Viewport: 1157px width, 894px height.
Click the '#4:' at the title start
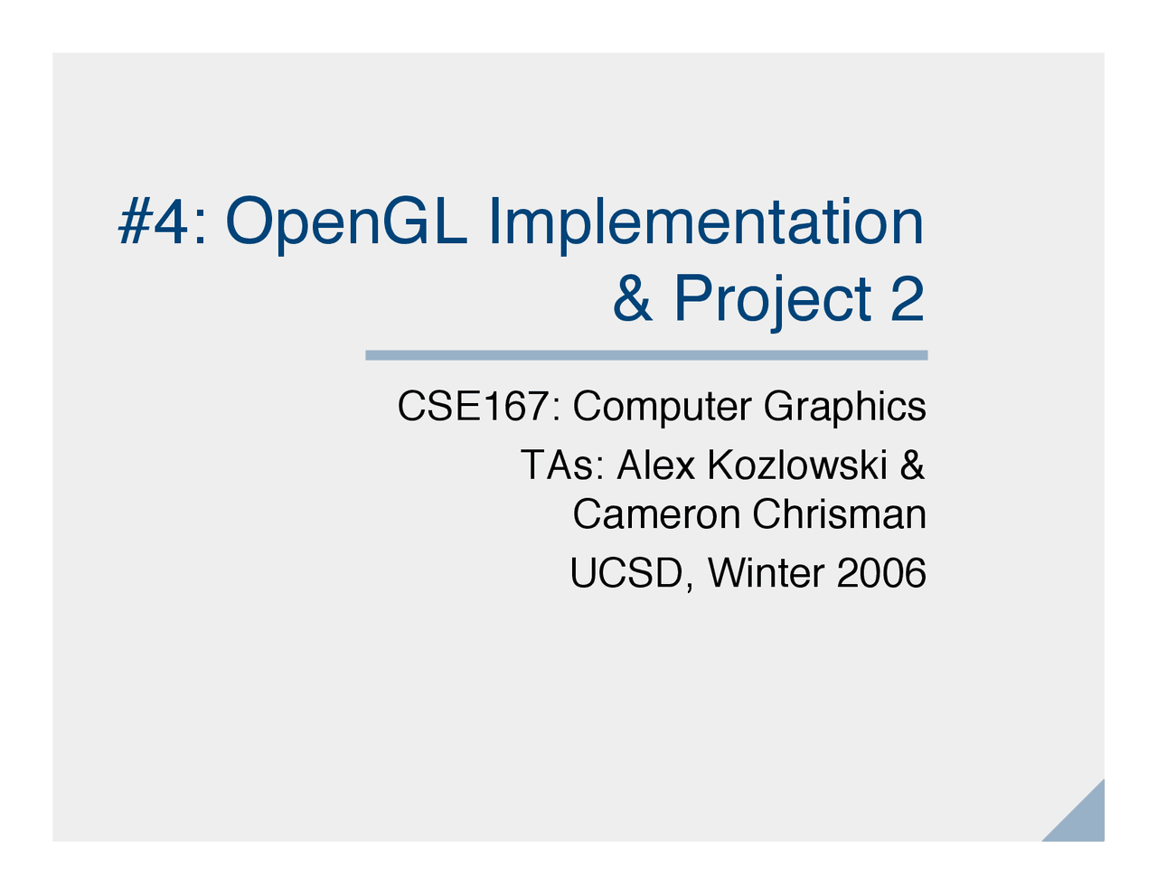[x=161, y=221]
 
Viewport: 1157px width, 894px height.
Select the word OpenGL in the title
[x=346, y=223]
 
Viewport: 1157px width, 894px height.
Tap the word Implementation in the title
[x=706, y=223]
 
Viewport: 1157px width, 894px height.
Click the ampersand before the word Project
[x=633, y=299]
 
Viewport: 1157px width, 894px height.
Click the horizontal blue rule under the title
[x=646, y=355]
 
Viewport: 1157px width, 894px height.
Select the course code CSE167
[x=473, y=407]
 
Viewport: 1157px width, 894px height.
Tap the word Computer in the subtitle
[x=663, y=409]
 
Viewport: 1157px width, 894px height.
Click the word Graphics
[x=844, y=409]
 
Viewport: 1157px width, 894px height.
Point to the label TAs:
[x=561, y=466]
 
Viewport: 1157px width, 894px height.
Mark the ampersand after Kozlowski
[x=912, y=466]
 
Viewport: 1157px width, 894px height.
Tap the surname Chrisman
[x=839, y=514]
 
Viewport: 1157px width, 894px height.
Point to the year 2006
[x=881, y=573]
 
